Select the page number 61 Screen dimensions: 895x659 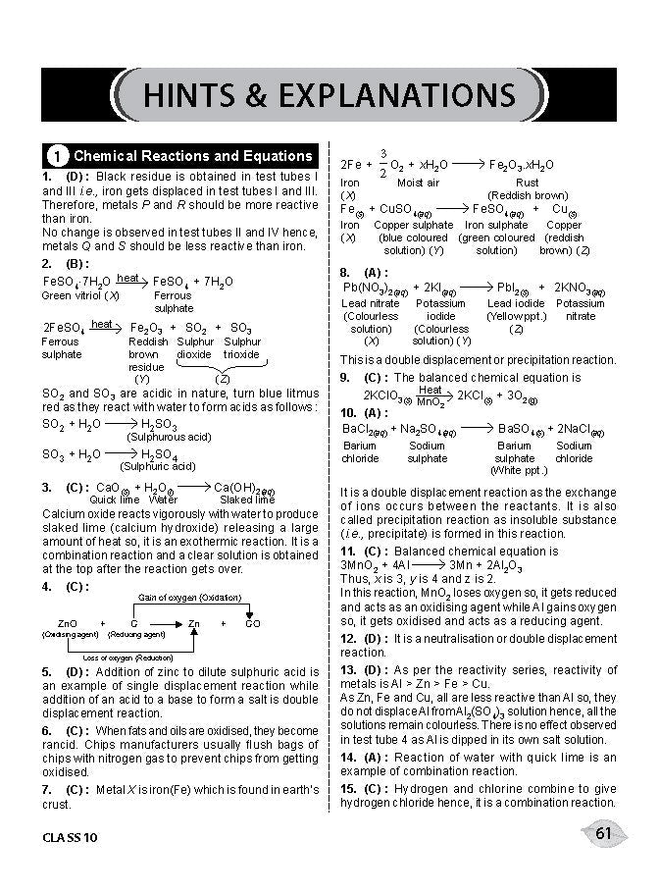coord(603,834)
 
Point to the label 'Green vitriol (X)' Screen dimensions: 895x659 coord(80,295)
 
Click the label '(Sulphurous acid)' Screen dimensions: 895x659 coord(169,437)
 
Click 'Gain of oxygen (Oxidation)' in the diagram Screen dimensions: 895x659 coord(191,597)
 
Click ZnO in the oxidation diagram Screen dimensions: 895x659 coord(68,623)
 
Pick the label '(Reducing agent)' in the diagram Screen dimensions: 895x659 coord(130,635)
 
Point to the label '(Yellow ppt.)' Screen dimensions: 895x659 coord(516,316)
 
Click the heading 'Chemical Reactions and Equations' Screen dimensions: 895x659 coord(193,156)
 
